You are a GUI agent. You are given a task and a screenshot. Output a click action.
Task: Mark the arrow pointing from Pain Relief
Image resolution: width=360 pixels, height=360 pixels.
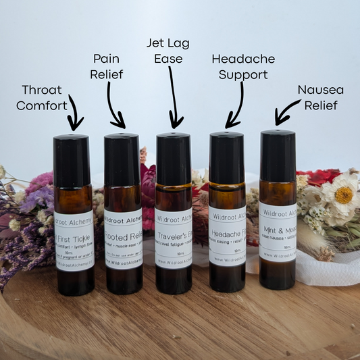tap(116, 111)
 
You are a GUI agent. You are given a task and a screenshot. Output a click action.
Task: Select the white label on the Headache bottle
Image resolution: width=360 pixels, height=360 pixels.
tap(227, 236)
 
